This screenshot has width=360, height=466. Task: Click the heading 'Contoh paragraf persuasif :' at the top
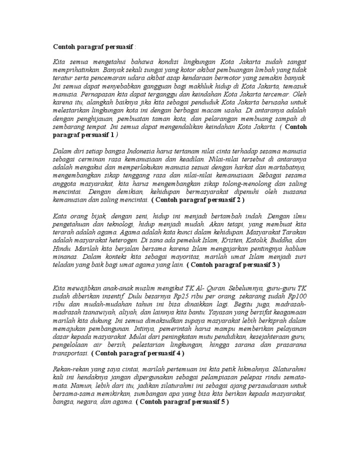point(93,47)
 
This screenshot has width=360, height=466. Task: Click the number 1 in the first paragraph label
point(112,135)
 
